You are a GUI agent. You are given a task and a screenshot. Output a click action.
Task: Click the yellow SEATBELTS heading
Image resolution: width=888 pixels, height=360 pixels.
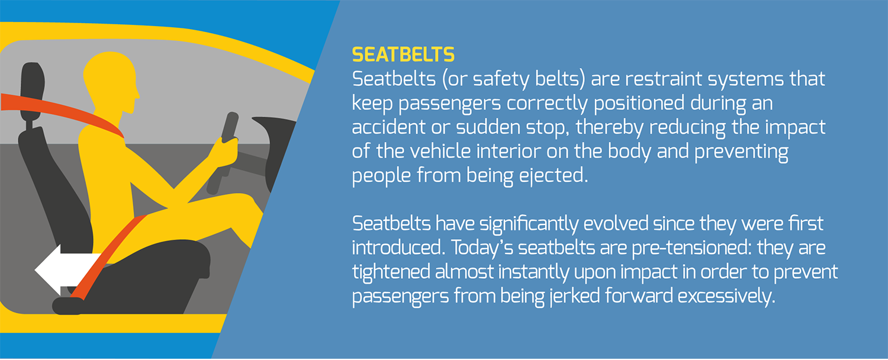[x=403, y=55]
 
